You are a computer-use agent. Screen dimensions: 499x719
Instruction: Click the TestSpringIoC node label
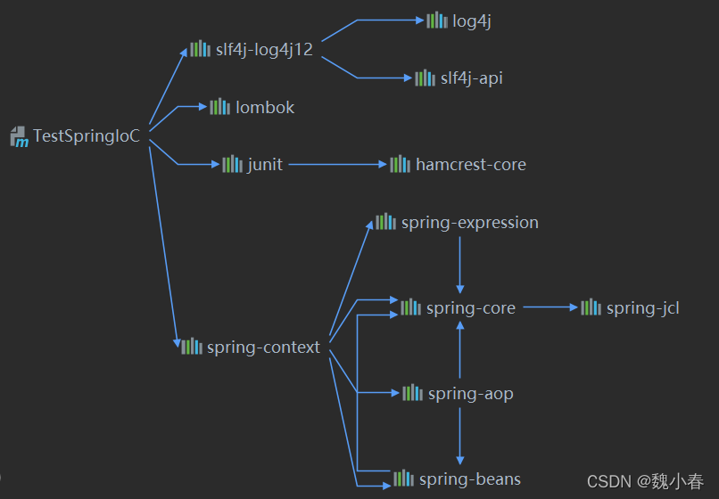(x=87, y=136)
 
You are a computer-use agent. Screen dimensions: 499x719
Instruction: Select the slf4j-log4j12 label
(x=264, y=49)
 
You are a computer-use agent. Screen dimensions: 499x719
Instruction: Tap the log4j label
(x=472, y=21)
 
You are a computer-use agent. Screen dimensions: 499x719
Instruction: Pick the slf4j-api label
(x=471, y=78)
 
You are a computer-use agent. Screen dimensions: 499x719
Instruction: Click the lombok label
(x=265, y=108)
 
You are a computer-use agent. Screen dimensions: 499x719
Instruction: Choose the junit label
(x=265, y=165)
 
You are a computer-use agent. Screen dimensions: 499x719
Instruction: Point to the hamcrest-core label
(x=470, y=165)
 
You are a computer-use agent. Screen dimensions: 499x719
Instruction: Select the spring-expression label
(x=469, y=223)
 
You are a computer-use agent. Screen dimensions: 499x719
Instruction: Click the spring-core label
(x=470, y=308)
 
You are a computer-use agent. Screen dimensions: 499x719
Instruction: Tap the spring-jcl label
(x=642, y=308)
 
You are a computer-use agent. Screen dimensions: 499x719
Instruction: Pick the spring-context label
(x=263, y=348)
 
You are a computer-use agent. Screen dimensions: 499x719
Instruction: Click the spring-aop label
(x=470, y=394)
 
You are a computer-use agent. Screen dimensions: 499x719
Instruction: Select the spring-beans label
(x=469, y=479)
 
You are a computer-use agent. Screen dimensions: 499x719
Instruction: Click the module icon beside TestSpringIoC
(x=20, y=136)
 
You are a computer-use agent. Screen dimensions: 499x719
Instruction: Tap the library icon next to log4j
(x=436, y=20)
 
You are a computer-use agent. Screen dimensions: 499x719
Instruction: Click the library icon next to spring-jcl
(x=591, y=307)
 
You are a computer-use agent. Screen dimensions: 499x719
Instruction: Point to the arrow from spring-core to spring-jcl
(x=550, y=307)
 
